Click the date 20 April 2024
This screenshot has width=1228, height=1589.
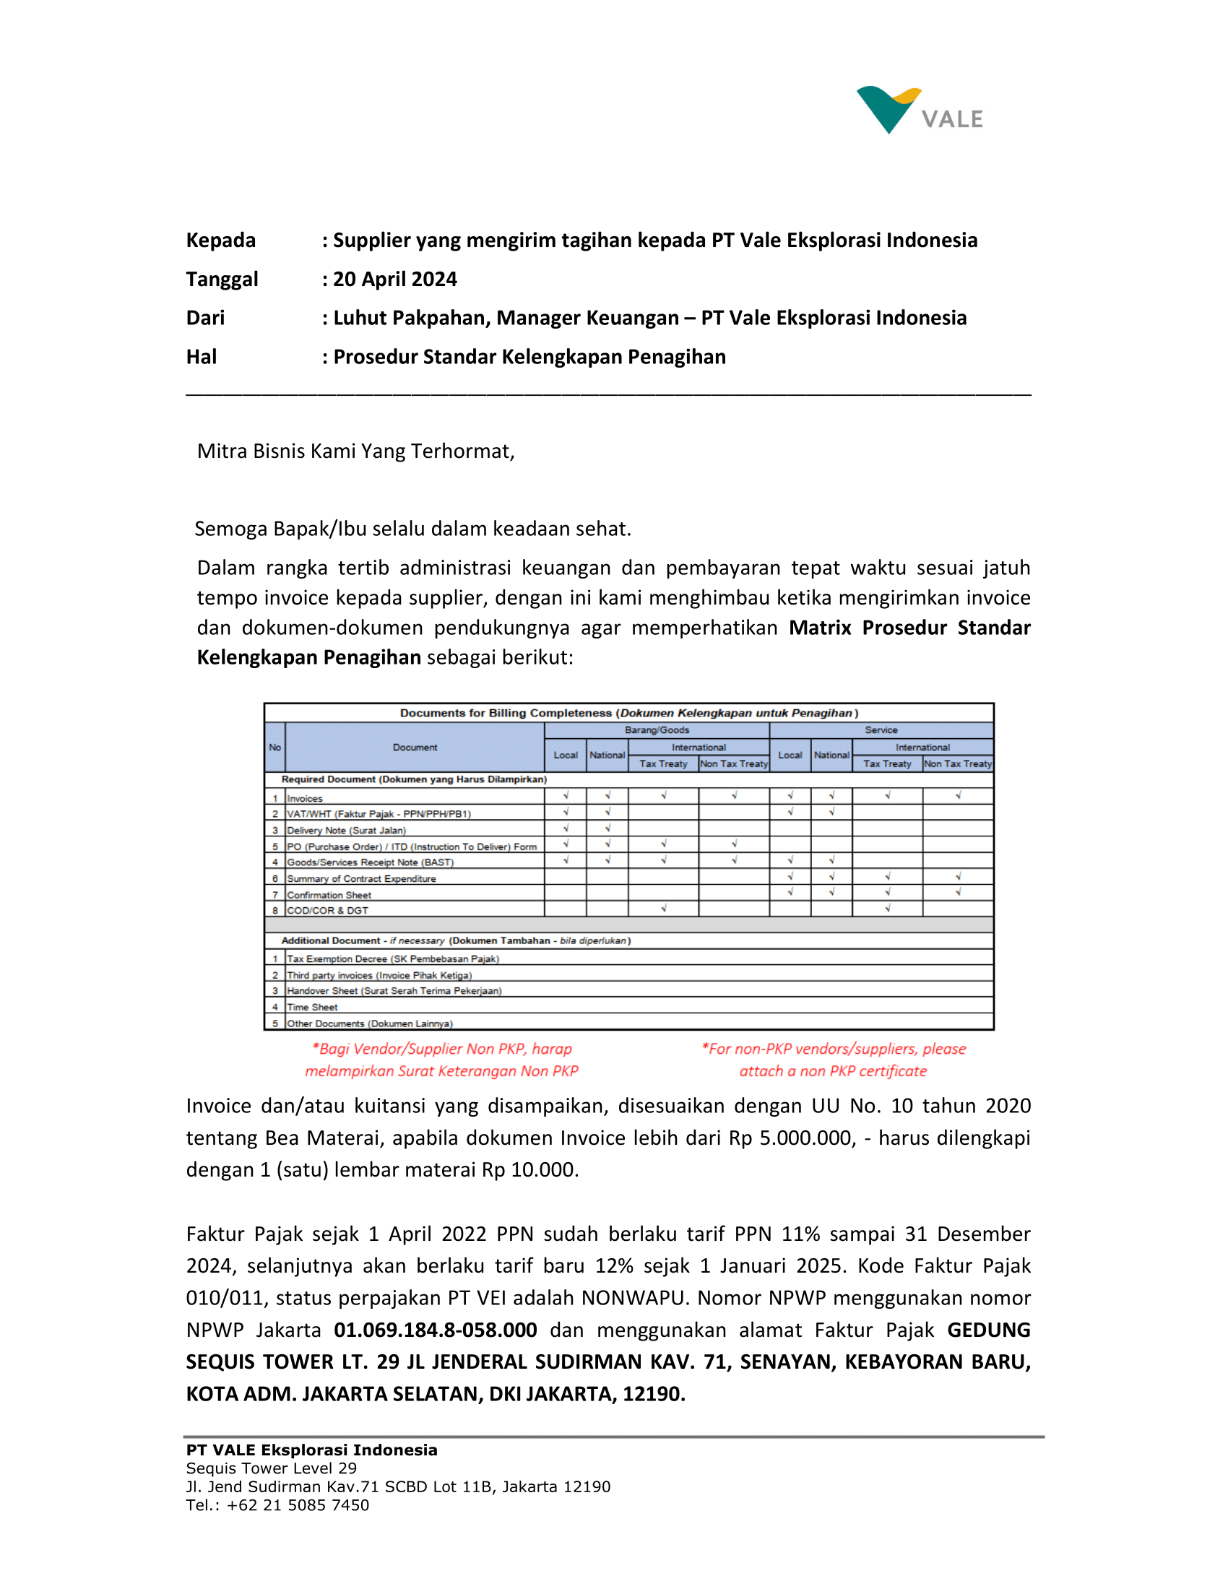(x=395, y=280)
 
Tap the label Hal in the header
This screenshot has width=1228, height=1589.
(x=202, y=357)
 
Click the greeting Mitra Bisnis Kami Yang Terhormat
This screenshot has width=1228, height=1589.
(x=355, y=451)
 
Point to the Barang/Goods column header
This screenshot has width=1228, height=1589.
(x=656, y=729)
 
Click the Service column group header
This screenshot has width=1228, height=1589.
(x=881, y=729)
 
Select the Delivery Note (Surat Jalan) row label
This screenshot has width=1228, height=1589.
(x=346, y=830)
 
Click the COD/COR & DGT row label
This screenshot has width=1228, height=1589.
(x=327, y=910)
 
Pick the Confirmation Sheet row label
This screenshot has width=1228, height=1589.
(x=329, y=895)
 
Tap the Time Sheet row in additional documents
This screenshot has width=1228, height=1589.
(x=312, y=1007)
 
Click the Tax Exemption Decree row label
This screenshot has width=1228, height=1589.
(x=393, y=959)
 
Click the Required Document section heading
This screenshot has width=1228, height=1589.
(x=413, y=779)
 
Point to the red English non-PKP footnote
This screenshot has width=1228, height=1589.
(x=833, y=1060)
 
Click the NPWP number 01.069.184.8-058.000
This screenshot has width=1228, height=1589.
(x=435, y=1330)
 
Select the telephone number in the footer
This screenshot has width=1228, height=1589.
(x=298, y=1504)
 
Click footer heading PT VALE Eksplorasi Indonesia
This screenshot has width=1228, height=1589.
(x=311, y=1450)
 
